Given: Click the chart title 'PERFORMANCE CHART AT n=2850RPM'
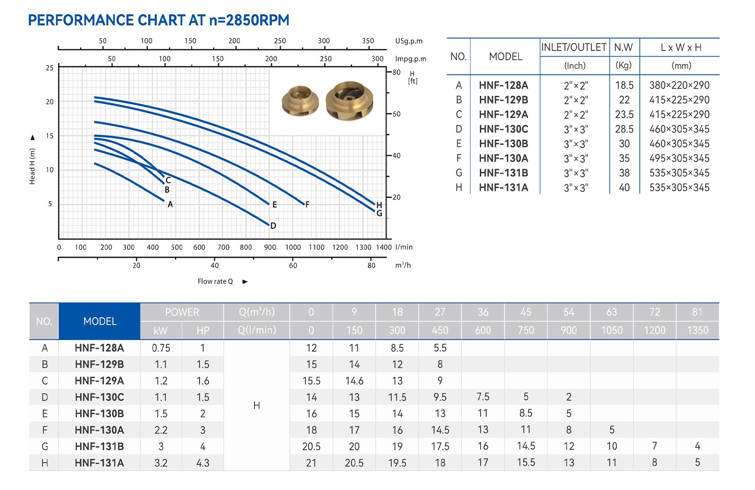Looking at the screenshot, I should [159, 20].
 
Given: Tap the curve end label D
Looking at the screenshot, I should [273, 226].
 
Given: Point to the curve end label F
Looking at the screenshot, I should [307, 204].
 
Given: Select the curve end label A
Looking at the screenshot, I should [170, 204].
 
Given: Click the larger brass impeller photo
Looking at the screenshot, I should [349, 100].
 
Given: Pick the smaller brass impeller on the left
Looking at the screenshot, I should [300, 101].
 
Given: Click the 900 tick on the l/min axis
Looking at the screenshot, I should [270, 247].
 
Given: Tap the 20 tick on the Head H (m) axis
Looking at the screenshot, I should [50, 101].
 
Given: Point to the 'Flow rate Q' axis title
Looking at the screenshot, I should [215, 281].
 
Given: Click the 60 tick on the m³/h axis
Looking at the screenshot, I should [293, 265].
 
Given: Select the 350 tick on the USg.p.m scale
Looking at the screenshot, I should [368, 41].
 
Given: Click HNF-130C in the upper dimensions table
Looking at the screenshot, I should [503, 129].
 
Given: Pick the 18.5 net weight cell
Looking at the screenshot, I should [624, 85].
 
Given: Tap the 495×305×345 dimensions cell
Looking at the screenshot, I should [679, 158].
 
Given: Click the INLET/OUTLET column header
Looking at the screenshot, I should [574, 47].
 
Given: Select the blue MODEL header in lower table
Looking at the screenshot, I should [100, 321].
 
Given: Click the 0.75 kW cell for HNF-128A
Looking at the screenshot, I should [161, 348].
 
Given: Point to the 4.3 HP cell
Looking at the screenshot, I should [203, 463].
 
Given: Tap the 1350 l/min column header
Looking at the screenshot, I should [697, 330].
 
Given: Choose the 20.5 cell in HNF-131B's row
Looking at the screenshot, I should [311, 446].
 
